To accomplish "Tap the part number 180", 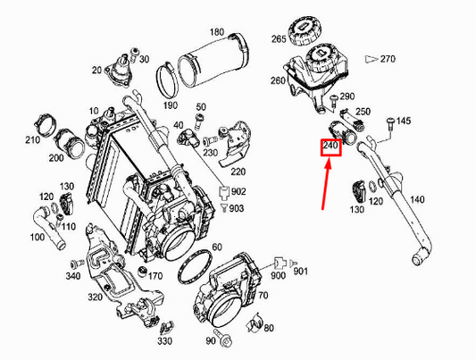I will pos(216,32).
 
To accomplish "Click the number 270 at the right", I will pos(387,58).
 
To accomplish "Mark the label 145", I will pos(404,121).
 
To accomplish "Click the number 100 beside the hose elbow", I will pos(37,238).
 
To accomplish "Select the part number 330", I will pos(164,340).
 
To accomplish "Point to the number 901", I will pos(300,272).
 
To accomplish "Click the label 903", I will pos(236,207).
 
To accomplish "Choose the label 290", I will pos(347,96).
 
